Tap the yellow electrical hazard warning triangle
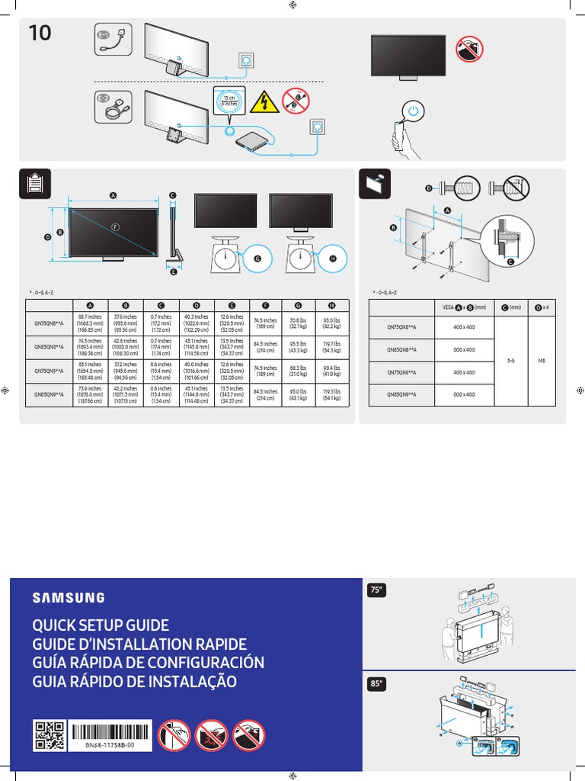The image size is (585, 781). pos(263,100)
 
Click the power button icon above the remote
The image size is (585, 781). pos(412,111)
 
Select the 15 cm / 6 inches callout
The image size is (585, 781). pos(229,102)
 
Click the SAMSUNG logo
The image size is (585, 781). pos(69,598)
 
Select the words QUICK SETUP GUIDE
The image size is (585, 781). pos(100,626)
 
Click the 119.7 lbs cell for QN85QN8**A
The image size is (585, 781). pos(331,347)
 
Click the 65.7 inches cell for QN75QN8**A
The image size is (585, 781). pos(86,323)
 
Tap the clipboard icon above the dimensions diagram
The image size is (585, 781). pos(35,184)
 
